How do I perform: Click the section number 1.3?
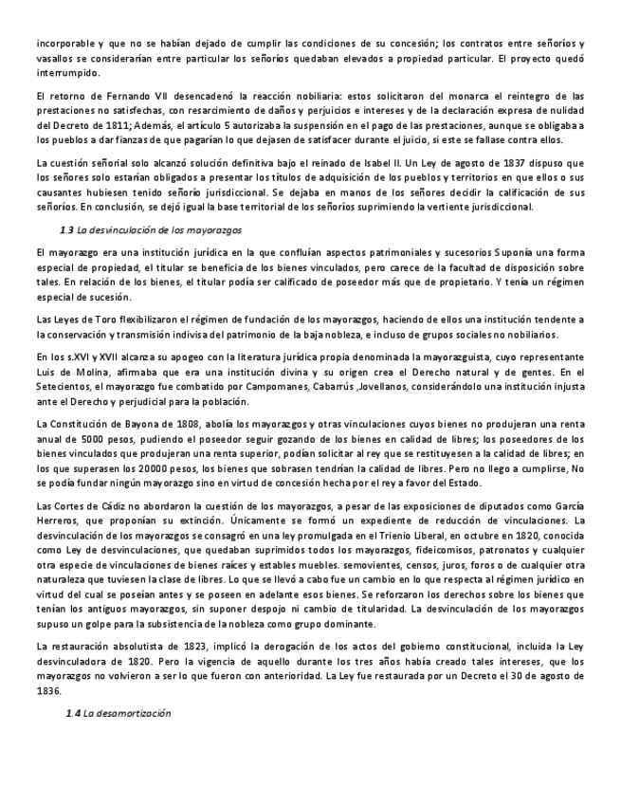click(66, 231)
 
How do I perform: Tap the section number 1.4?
click(72, 712)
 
